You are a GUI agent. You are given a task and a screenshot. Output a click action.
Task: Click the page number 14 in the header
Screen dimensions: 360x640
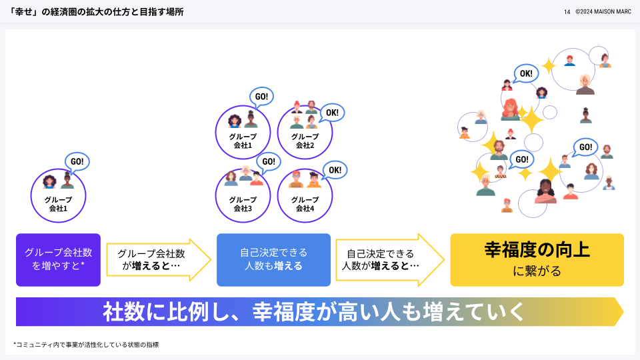point(567,12)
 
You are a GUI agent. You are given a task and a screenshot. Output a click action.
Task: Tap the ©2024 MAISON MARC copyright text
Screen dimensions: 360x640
point(603,12)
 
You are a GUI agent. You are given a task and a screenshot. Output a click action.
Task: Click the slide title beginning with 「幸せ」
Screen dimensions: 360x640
point(93,12)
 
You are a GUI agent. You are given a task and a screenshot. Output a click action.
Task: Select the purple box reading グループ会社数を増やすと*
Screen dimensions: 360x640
point(58,259)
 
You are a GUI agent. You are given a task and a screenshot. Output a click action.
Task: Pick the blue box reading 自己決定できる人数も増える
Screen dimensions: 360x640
point(273,259)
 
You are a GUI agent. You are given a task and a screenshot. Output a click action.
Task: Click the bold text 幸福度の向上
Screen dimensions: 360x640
point(537,251)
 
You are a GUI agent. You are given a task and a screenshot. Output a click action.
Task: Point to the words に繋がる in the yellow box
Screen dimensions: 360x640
point(537,271)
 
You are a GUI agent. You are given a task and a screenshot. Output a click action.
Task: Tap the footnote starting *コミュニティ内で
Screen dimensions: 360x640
point(86,345)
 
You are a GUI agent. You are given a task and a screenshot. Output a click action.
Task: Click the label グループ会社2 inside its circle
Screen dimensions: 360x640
point(305,141)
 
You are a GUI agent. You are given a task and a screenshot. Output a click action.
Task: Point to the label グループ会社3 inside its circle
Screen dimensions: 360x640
point(243,204)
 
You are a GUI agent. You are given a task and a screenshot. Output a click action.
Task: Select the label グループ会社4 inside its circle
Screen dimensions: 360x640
point(305,204)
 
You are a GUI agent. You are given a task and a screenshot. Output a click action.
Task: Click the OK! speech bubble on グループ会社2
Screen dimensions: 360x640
point(331,113)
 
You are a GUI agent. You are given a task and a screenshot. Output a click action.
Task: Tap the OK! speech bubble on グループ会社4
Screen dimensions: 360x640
point(334,170)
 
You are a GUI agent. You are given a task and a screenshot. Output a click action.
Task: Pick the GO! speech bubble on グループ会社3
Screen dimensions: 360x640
point(267,161)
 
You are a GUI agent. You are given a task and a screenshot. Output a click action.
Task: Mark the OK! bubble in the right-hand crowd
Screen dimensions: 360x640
point(526,73)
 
